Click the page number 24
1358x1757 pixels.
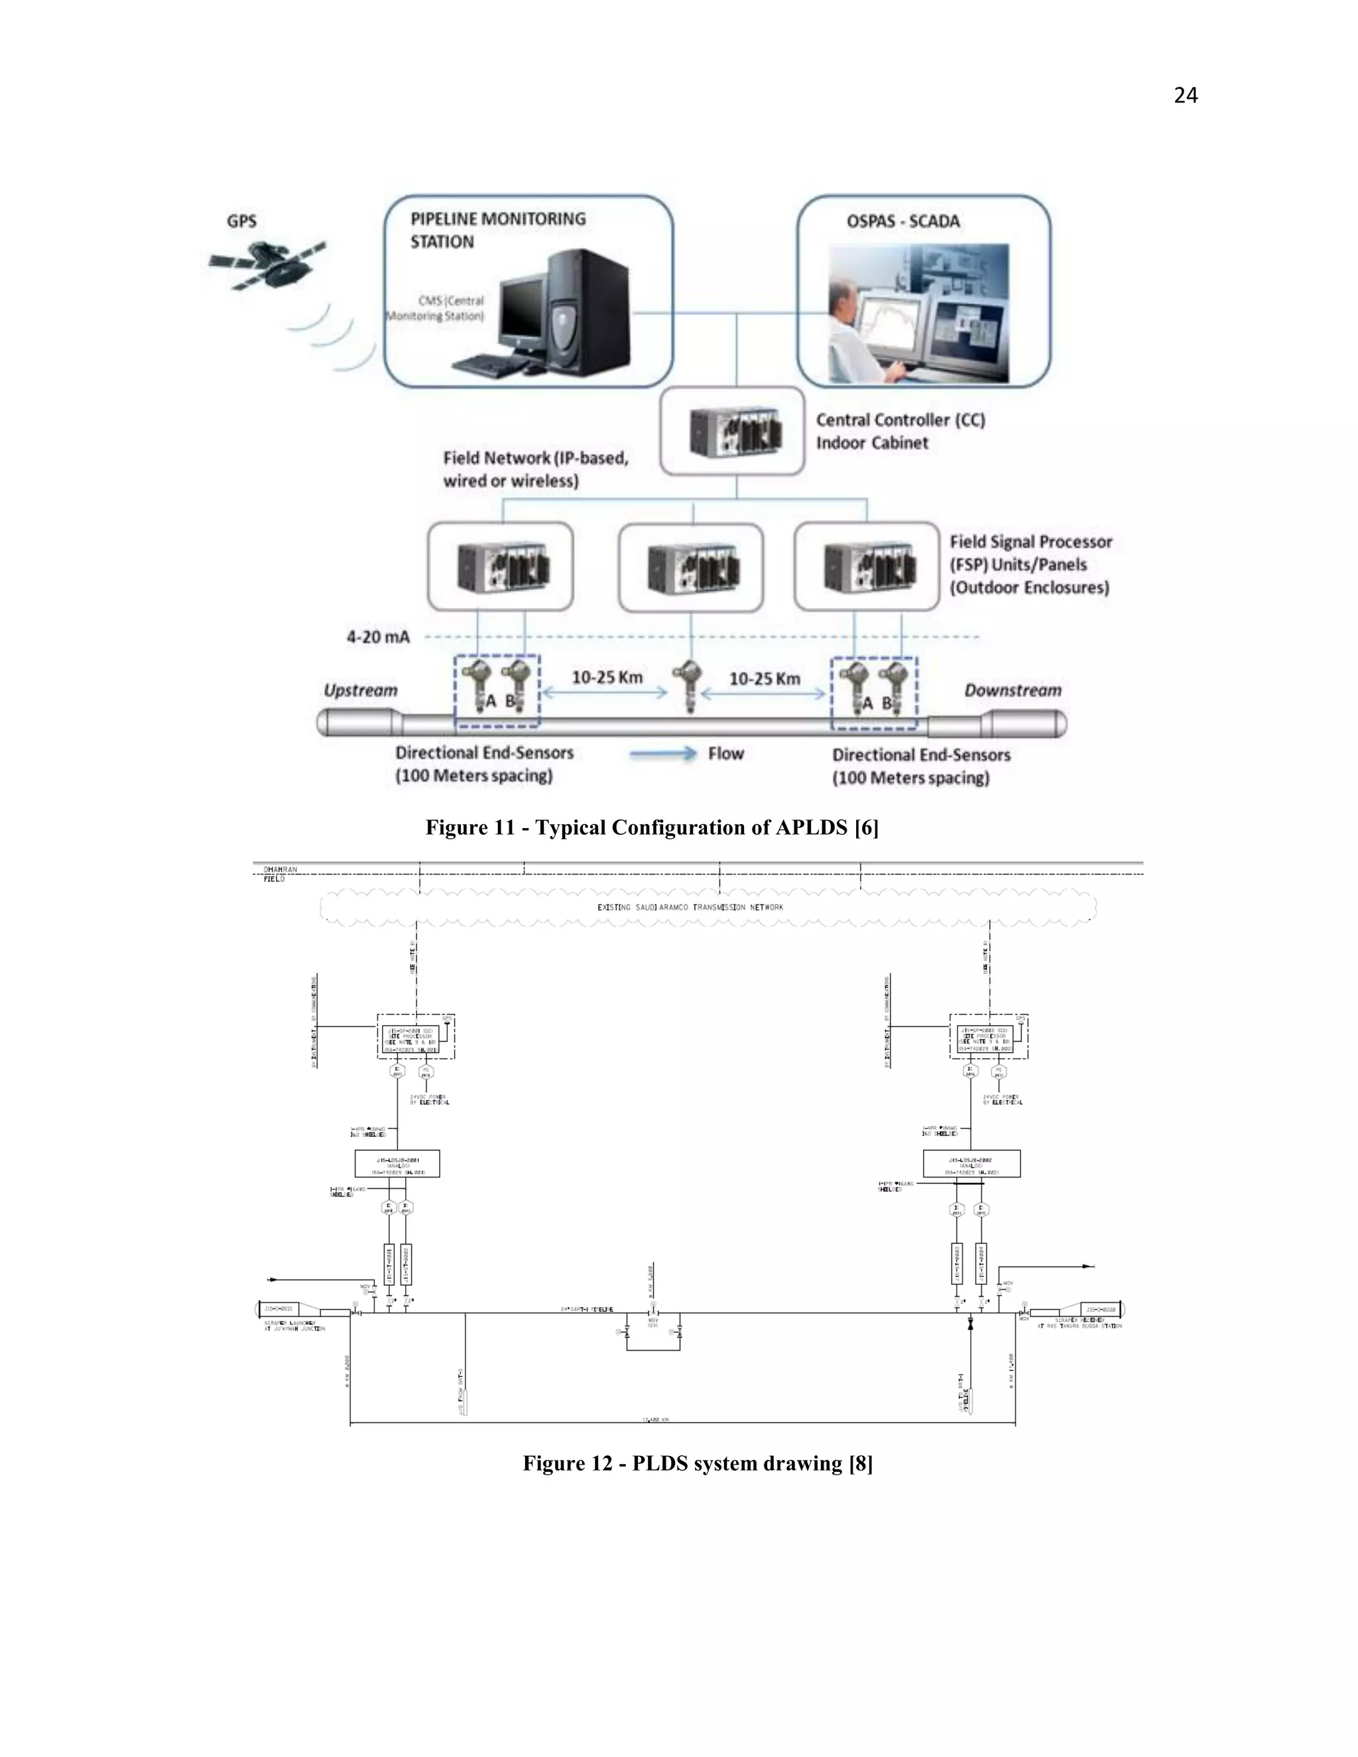(1185, 95)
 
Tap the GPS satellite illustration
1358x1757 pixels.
(267, 265)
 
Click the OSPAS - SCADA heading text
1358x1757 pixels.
(902, 221)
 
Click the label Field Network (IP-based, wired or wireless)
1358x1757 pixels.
(535, 469)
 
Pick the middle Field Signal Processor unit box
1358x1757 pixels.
(691, 567)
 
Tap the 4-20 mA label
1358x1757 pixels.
(378, 637)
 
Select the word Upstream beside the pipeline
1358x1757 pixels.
(361, 690)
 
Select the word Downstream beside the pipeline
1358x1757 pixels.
(1012, 690)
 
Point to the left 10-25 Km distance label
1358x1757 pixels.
(607, 678)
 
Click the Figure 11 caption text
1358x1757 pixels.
(652, 828)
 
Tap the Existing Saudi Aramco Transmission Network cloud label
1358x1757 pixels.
(690, 908)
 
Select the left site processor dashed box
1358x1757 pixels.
(416, 1037)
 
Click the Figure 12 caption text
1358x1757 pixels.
(698, 1463)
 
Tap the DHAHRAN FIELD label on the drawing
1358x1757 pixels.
(279, 875)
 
